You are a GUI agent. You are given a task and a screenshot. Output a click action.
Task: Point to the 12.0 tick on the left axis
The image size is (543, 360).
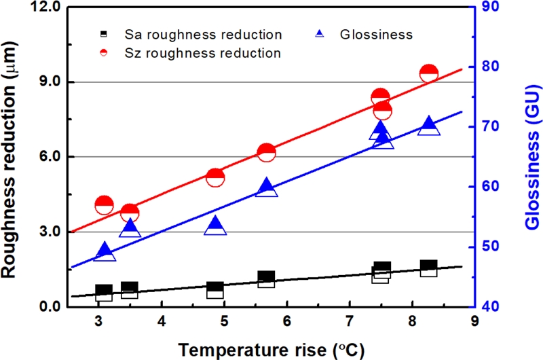pos(47,8)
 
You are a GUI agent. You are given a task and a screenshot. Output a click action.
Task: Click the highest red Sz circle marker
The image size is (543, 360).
pos(428,73)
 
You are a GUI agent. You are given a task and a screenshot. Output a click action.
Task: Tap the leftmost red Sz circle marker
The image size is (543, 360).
pos(105,205)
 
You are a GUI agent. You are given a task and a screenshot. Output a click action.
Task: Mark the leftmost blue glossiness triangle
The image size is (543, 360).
pos(105,252)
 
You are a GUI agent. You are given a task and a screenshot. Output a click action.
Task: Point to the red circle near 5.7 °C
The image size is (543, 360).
pos(267,153)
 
